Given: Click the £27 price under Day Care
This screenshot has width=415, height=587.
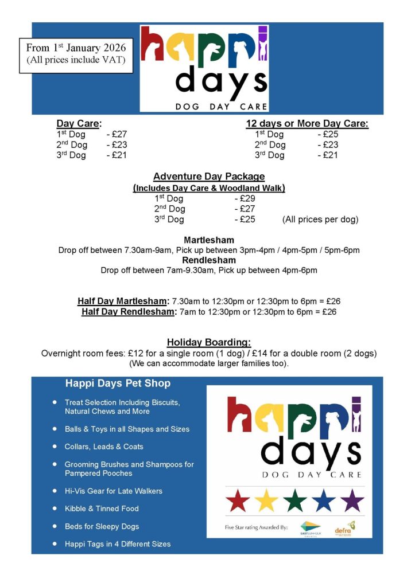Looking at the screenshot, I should pos(119,134).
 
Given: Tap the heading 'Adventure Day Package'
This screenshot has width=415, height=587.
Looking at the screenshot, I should pos(209,177).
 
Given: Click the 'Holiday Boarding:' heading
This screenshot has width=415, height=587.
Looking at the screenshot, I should pos(209,342).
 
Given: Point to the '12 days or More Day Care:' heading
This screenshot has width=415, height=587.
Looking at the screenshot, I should pos(307,123).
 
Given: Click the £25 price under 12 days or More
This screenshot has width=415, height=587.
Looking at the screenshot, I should pos(330,134).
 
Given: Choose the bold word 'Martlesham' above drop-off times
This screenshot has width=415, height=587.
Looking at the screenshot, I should pos(209,240).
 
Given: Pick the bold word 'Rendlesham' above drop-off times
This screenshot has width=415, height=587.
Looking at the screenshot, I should pos(209,260).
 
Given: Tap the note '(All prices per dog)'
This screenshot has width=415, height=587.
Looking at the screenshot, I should pos(320,220).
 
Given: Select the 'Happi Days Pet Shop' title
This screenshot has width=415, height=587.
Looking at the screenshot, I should pos(118,383).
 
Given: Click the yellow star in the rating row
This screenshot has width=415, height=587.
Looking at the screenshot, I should pos(266,500).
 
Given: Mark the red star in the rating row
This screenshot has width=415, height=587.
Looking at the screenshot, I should pos(238,500).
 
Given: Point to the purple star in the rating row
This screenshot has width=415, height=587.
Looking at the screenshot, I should pos(352,500).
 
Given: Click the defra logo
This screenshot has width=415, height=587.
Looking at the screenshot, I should pos(345,528).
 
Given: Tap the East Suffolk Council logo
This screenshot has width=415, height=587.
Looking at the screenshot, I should pos(310,528).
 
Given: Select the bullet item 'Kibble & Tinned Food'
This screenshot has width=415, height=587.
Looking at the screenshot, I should pos(102,508).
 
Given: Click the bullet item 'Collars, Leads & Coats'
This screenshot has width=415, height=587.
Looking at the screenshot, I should pos(104,447).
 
